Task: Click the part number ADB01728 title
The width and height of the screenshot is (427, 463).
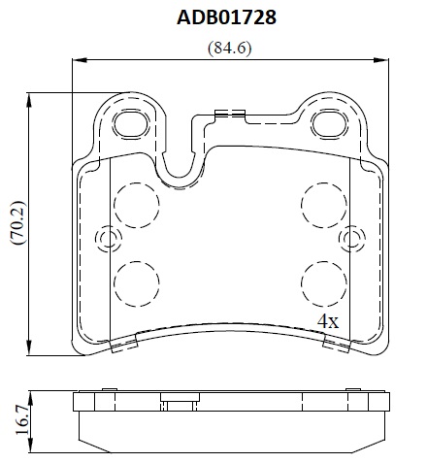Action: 226,17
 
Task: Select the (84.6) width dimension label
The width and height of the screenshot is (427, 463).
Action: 229,49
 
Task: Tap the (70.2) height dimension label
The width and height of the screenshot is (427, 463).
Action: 17,222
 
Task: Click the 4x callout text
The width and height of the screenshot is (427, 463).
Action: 328,321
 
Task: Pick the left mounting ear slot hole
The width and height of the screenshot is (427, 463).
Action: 131,124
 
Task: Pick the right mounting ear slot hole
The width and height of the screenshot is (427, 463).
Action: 330,124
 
